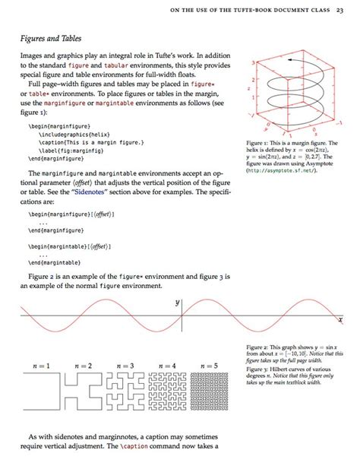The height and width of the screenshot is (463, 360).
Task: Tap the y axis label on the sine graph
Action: point(178,303)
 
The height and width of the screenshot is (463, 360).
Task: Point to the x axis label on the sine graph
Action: point(340,320)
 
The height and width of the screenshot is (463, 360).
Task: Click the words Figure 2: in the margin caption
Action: point(260,347)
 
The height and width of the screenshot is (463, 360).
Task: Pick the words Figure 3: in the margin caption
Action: point(260,369)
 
